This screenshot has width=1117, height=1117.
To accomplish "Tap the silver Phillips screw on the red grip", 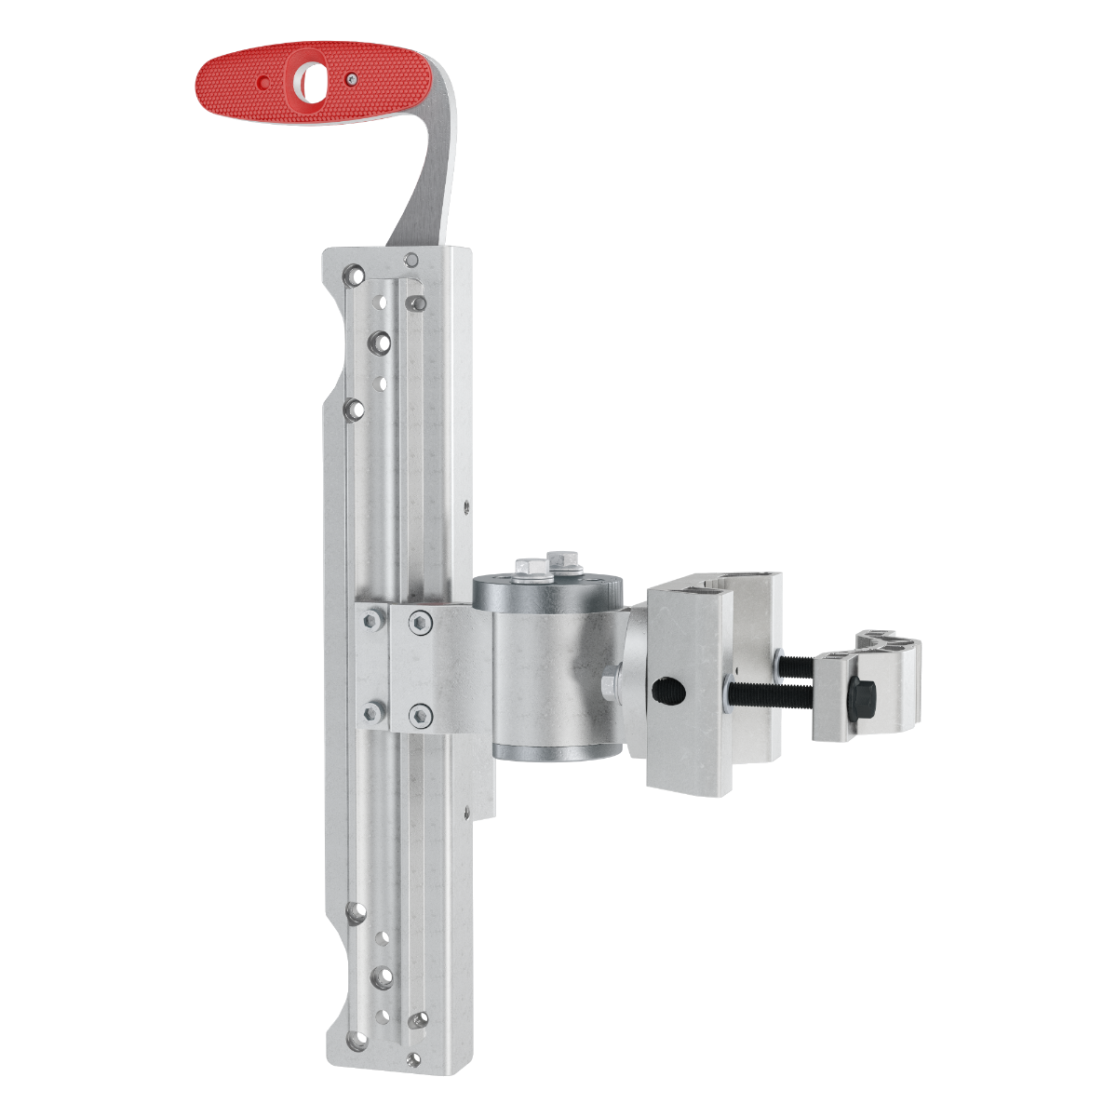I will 350,80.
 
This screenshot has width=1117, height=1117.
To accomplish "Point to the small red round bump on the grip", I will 264,83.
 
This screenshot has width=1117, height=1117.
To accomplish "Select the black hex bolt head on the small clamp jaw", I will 861,691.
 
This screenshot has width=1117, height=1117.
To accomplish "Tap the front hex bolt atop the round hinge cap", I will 528,567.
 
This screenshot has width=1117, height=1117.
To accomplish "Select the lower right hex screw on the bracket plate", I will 421,715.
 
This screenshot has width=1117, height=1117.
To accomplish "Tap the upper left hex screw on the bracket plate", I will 373,618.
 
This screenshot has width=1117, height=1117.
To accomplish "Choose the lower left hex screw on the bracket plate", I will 373,713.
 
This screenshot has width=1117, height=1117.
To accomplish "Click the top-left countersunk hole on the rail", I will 353,276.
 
